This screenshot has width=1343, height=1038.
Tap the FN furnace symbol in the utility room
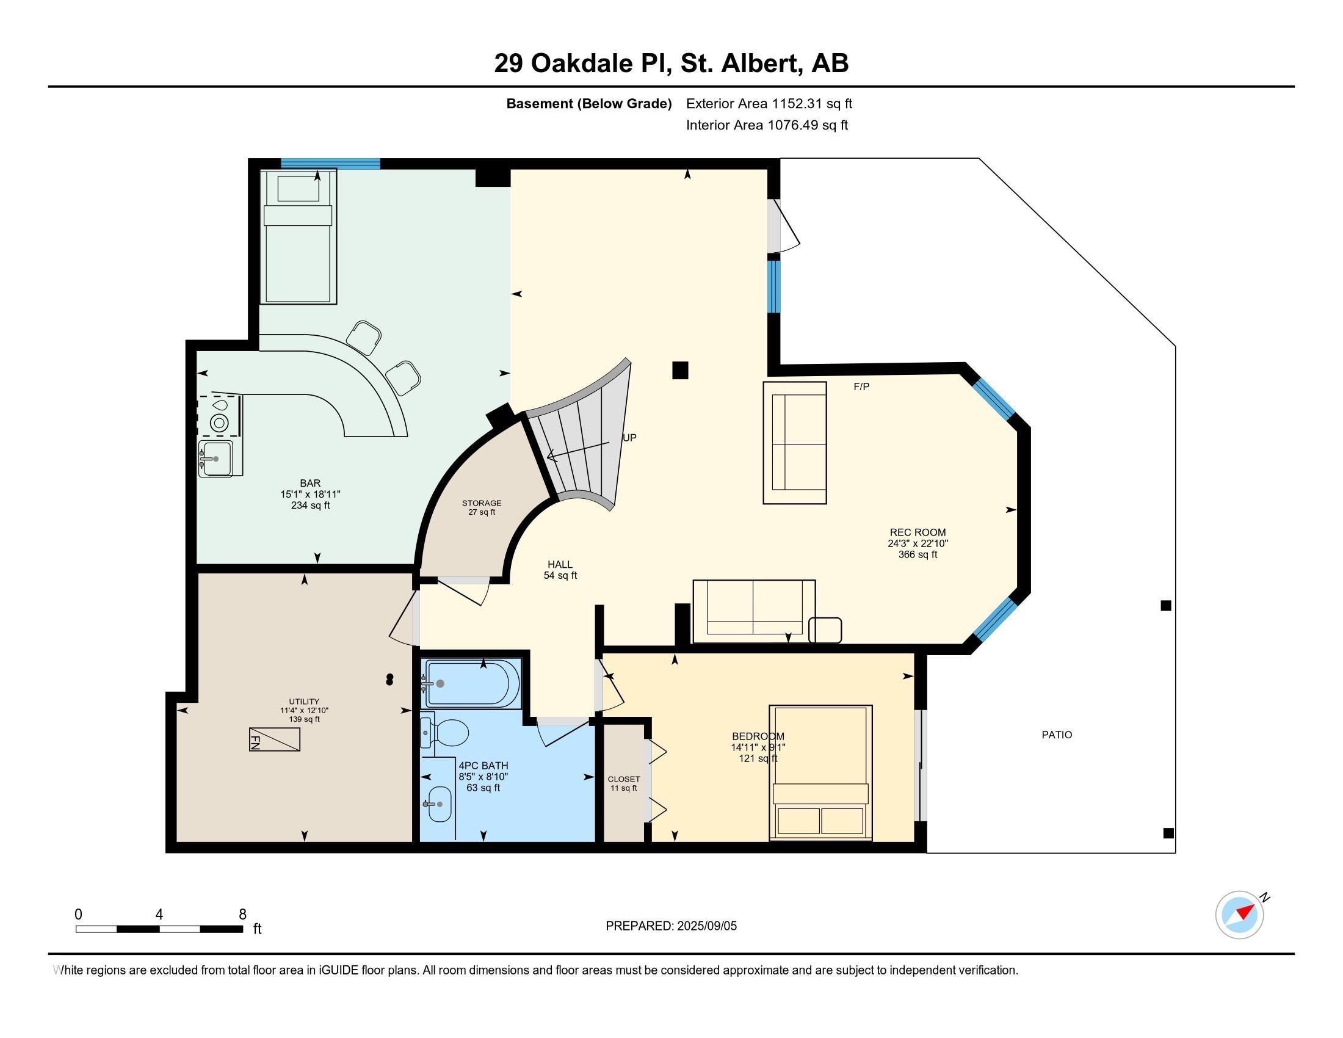coord(274,739)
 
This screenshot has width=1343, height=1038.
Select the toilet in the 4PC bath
coord(449,733)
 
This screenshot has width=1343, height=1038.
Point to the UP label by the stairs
coord(629,438)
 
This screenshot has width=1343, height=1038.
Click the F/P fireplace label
coord(861,387)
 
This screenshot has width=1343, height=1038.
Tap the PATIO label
coord(1057,735)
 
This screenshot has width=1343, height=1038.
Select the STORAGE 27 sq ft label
coord(482,507)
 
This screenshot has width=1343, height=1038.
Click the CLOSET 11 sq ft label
coord(623,783)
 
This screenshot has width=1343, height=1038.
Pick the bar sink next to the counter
coord(217,459)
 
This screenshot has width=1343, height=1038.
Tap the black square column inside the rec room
coord(679,370)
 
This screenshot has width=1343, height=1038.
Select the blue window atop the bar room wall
coord(330,164)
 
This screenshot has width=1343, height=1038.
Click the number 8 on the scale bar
coord(243,915)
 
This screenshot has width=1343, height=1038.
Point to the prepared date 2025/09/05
coord(706,926)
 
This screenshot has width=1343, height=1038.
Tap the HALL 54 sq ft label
coord(560,570)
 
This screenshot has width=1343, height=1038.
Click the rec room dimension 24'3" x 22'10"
coord(918,543)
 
